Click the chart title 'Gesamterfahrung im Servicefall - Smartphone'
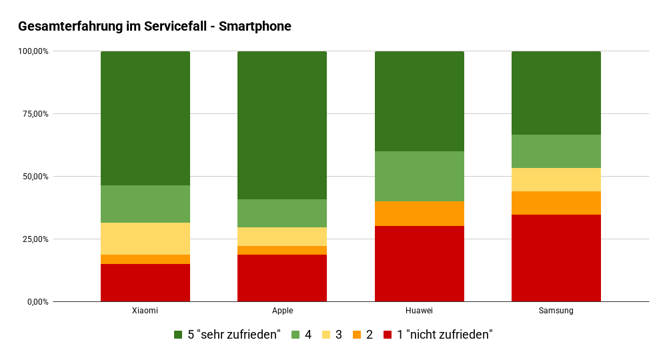coord(155,27)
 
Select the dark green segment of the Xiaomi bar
coord(145,118)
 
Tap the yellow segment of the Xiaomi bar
coord(145,238)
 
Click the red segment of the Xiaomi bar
coord(145,283)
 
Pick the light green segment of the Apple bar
coord(282,213)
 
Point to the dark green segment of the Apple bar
coord(282,125)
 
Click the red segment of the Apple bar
coord(282,278)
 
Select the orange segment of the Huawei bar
coord(419,213)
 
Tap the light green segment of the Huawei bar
coord(419,176)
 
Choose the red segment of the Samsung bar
coord(556,258)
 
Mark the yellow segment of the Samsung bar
coord(556,179)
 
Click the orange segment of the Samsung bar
coord(556,203)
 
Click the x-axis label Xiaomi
coord(145,311)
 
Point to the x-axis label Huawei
coord(419,311)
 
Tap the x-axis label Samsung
coord(556,311)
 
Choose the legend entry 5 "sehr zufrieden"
coord(227,335)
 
